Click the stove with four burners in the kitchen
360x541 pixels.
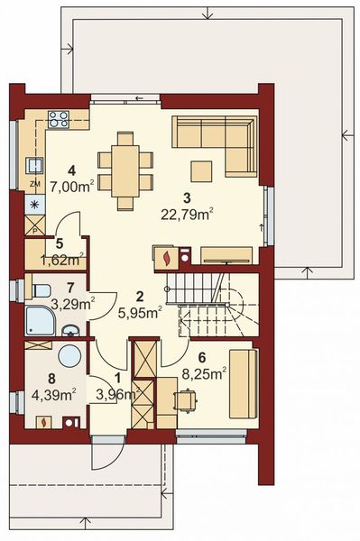click(x=60, y=117)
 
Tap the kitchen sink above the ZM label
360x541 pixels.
click(x=34, y=164)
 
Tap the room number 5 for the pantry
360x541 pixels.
click(x=59, y=243)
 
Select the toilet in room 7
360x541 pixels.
click(x=39, y=290)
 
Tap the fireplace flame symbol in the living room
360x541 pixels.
click(x=167, y=258)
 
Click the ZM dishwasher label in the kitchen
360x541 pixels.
click(x=34, y=184)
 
